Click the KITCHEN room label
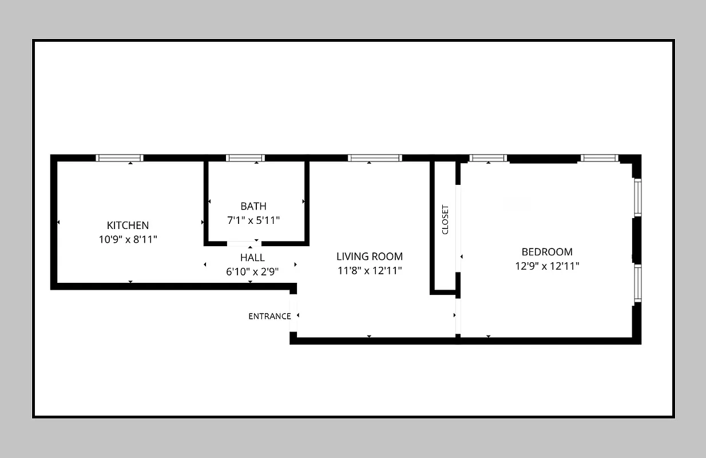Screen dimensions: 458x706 (x=128, y=226)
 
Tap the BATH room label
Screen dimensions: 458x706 (x=253, y=206)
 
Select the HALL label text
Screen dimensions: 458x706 (x=252, y=258)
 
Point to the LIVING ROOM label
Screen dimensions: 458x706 (x=369, y=256)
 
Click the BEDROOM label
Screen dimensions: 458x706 (x=546, y=252)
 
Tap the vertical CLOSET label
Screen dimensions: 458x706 (x=445, y=220)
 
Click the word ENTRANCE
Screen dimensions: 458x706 (x=269, y=317)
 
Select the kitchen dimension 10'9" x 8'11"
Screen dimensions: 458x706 (x=128, y=239)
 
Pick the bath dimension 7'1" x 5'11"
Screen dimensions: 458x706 (x=253, y=220)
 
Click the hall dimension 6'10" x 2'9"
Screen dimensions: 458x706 (x=252, y=271)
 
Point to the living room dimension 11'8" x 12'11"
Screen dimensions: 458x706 (x=369, y=270)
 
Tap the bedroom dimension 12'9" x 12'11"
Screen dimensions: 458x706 (x=546, y=266)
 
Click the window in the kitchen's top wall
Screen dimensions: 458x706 (x=119, y=158)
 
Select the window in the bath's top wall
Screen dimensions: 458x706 (x=245, y=158)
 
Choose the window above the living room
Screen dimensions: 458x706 (x=375, y=158)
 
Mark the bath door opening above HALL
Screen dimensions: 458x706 (x=244, y=243)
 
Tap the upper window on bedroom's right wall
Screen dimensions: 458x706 (x=637, y=198)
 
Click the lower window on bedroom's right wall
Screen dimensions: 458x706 (x=637, y=283)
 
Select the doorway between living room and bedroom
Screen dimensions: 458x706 (x=458, y=315)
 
